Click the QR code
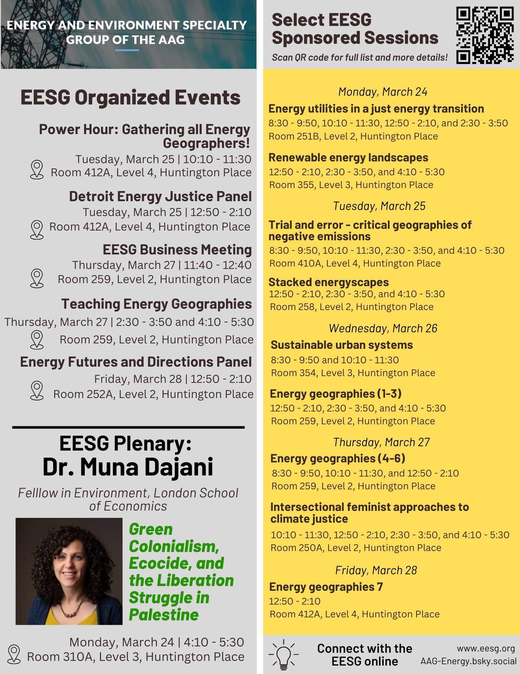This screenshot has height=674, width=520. coord(485,35)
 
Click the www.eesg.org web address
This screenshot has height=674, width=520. coord(486,648)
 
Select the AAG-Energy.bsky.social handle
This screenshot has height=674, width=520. coord(468,661)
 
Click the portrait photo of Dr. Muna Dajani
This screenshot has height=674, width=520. coord(69,571)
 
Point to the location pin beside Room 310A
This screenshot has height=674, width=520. coord(14,654)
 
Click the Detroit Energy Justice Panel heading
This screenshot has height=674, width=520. coord(160,196)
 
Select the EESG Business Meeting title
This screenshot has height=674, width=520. coord(177,250)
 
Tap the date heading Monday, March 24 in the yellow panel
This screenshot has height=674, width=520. coord(383,92)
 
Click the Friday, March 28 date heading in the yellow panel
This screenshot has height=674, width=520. coord(376,570)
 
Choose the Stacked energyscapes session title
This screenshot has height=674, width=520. coord(328,282)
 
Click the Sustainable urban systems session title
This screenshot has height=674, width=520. coord(342,345)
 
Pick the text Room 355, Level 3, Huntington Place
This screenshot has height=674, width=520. coord(351,185)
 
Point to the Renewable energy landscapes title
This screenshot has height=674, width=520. coord(348,157)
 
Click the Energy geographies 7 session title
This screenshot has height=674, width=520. coord(326,587)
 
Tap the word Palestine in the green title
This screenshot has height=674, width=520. coord(164,615)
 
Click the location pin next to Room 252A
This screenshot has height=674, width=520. coord(37,390)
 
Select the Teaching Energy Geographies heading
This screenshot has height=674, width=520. coord(157,304)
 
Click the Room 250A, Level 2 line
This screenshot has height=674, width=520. coord(356,548)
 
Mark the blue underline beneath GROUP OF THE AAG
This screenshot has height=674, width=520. coord(127,50)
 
